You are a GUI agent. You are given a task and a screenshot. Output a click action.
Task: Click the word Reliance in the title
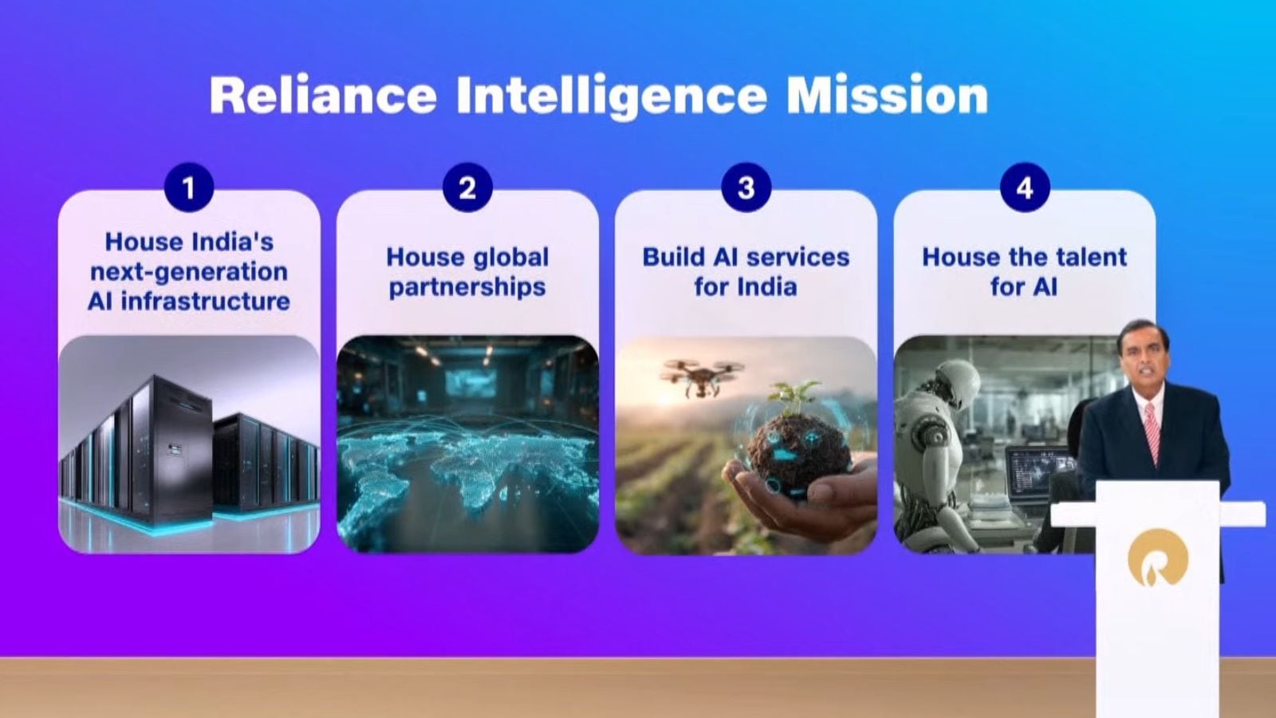pyautogui.click(x=323, y=95)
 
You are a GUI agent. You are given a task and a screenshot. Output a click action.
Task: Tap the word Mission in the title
pyautogui.click(x=887, y=95)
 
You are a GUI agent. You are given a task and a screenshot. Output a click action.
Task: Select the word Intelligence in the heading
pyautogui.click(x=611, y=97)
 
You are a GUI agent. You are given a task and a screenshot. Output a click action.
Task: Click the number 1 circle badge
pyautogui.click(x=188, y=187)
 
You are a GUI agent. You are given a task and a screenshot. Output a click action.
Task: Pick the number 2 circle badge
pyautogui.click(x=467, y=187)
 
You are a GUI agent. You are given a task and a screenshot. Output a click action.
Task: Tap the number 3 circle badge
pyautogui.click(x=746, y=187)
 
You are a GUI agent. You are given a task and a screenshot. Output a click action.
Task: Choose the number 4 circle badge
pyautogui.click(x=1024, y=187)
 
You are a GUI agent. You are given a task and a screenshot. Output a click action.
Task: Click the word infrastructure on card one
pyautogui.click(x=206, y=302)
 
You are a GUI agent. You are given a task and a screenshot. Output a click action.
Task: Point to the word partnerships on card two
pyautogui.click(x=467, y=287)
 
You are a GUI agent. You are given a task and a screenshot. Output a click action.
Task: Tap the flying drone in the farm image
pyautogui.click(x=701, y=376)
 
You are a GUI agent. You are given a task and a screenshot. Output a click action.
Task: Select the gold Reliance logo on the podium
pyautogui.click(x=1157, y=558)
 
